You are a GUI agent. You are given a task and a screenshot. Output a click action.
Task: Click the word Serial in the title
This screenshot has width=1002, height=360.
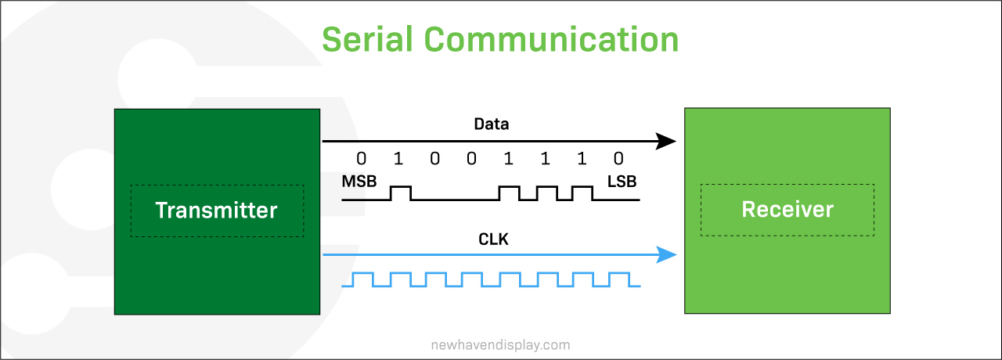click(x=367, y=39)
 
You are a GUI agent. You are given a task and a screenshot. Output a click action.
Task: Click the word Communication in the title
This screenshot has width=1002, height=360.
click(x=551, y=39)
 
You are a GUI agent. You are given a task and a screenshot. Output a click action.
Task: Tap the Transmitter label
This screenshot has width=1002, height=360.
click(x=217, y=211)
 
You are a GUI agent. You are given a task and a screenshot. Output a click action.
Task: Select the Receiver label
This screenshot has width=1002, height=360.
click(x=788, y=209)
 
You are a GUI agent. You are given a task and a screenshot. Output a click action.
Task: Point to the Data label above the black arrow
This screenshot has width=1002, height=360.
click(x=491, y=124)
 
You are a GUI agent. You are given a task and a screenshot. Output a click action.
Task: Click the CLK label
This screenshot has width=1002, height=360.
click(x=493, y=239)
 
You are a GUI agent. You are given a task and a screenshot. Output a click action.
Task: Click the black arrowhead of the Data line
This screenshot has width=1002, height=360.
click(x=665, y=142)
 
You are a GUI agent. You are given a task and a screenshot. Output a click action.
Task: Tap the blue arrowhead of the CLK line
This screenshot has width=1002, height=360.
click(x=666, y=255)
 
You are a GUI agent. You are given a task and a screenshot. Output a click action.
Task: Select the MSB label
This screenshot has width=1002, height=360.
click(x=359, y=182)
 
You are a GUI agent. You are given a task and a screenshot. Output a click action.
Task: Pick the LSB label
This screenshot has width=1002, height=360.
click(x=622, y=182)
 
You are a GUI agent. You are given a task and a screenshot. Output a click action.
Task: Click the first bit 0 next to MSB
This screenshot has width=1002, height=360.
click(x=362, y=158)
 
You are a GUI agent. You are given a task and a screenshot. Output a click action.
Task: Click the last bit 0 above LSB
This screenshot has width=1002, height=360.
click(x=618, y=158)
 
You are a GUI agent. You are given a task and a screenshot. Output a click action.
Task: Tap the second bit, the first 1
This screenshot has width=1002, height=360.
click(x=398, y=158)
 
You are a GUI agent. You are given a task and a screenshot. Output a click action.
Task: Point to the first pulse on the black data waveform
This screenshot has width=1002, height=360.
click(x=401, y=187)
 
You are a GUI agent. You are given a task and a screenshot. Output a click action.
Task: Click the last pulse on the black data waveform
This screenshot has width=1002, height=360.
click(x=582, y=187)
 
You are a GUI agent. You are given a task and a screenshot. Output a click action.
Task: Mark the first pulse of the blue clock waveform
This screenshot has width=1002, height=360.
click(x=362, y=273)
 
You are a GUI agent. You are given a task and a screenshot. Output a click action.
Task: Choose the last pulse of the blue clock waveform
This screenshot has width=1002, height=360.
click(x=619, y=273)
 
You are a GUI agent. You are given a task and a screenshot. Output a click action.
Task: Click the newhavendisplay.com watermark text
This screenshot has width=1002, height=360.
click(x=500, y=345)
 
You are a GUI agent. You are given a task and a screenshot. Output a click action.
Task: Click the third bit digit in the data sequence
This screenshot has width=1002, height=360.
click(x=434, y=158)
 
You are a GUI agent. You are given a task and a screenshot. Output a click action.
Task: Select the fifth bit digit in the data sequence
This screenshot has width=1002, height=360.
click(x=508, y=158)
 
